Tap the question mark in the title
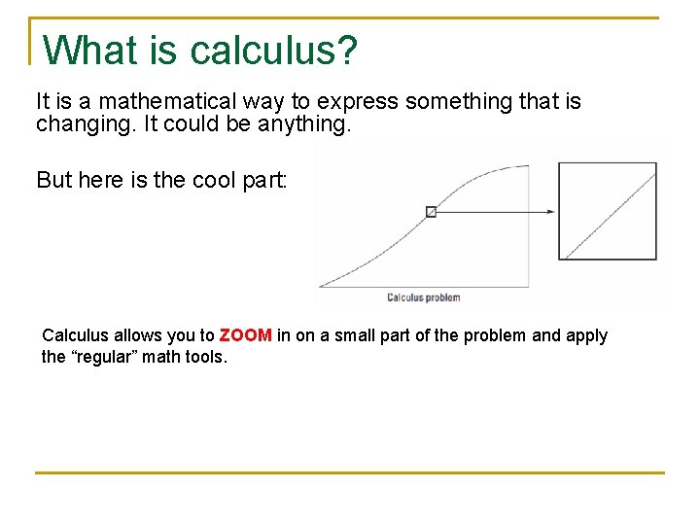(346, 51)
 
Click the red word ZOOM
(245, 335)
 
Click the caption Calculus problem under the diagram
(423, 297)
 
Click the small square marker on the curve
(432, 211)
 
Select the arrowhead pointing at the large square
(550, 211)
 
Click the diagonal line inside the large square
(610, 211)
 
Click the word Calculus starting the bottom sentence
(76, 335)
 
